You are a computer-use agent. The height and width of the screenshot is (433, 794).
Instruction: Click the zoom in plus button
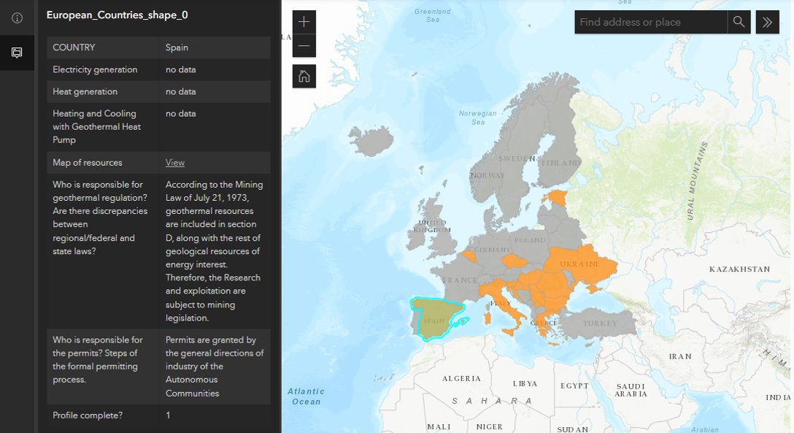tap(304, 22)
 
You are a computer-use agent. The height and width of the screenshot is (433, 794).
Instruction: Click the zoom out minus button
tap(304, 45)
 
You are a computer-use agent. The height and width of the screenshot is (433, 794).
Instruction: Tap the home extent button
tap(304, 76)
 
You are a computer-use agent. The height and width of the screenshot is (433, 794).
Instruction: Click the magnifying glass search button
tap(739, 22)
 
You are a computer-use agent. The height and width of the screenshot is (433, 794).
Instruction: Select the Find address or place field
tap(651, 22)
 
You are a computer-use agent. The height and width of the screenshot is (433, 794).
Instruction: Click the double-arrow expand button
tap(767, 22)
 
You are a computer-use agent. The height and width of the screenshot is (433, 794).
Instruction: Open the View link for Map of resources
tap(175, 163)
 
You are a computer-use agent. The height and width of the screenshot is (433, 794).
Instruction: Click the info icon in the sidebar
tap(17, 18)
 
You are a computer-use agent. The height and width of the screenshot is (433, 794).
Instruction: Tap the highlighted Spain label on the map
tap(433, 321)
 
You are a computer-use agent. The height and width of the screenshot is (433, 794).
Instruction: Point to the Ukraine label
tap(579, 264)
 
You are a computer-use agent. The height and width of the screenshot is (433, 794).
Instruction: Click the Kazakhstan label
tap(739, 269)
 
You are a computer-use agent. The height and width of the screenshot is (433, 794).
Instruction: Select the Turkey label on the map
tap(599, 323)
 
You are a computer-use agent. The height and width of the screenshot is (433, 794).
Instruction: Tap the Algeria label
tap(462, 379)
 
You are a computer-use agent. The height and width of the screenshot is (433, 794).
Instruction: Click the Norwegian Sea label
tap(478, 118)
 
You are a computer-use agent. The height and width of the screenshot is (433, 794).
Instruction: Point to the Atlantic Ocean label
tap(306, 396)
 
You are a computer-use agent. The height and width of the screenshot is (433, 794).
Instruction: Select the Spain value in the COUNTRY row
tap(177, 47)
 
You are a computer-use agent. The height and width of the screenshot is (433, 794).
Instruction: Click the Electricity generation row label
tap(95, 69)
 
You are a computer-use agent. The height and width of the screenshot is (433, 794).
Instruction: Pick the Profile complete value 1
tap(168, 415)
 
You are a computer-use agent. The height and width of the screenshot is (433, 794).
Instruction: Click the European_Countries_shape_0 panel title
tap(117, 15)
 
